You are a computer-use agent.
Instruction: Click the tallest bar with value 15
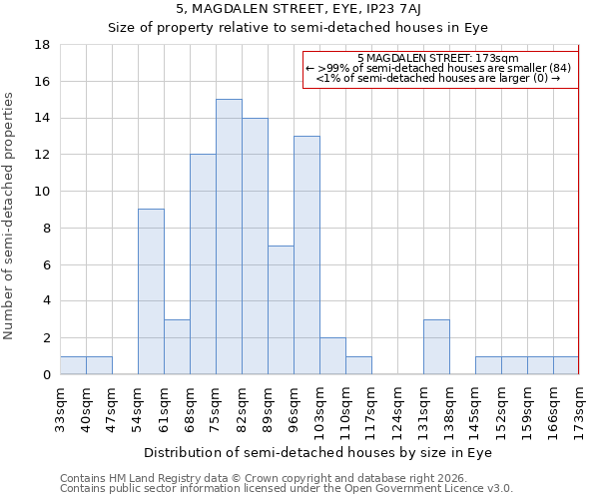[x=229, y=237]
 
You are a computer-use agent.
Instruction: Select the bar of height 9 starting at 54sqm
[x=151, y=291]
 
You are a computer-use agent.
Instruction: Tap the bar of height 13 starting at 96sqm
[x=306, y=254]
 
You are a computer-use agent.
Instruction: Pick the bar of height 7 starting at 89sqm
[x=281, y=309]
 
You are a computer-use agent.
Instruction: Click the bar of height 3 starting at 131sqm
[x=436, y=346]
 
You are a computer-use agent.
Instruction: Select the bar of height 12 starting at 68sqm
[x=203, y=263]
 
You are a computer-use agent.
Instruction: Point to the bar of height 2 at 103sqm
[x=332, y=355]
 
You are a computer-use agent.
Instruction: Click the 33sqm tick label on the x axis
[x=61, y=407]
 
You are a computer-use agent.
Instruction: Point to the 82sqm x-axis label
[x=243, y=407]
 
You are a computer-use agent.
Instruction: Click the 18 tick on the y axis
[x=43, y=45]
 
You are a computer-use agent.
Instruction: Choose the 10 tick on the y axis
[x=43, y=192]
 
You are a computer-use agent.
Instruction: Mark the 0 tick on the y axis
[x=47, y=374]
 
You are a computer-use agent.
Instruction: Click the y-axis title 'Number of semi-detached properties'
[x=10, y=216]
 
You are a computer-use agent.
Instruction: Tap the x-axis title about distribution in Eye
[x=319, y=452]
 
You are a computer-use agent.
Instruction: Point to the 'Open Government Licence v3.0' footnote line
[x=287, y=489]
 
